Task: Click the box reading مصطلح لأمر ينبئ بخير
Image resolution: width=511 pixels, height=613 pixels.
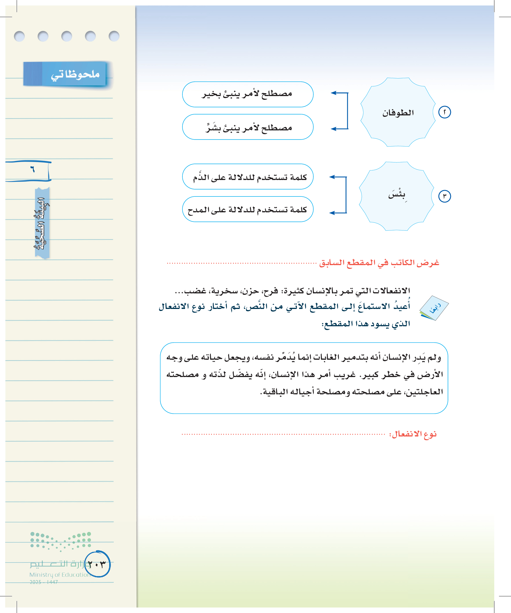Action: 247,94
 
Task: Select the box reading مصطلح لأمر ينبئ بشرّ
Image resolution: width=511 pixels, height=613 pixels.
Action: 247,127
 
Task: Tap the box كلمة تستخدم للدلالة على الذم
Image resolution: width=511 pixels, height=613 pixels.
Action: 247,177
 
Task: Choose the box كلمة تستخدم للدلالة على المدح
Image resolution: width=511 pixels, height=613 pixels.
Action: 247,209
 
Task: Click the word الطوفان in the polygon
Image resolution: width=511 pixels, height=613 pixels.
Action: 398,113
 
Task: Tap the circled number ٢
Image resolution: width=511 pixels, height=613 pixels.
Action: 444,113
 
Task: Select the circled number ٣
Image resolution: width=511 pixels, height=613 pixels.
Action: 444,196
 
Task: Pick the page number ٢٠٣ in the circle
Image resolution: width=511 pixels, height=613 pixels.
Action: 97,564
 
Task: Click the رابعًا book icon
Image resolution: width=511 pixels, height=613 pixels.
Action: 434,308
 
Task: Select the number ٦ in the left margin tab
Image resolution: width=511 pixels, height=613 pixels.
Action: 32,169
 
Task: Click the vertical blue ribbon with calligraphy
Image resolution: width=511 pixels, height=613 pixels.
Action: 42,223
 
